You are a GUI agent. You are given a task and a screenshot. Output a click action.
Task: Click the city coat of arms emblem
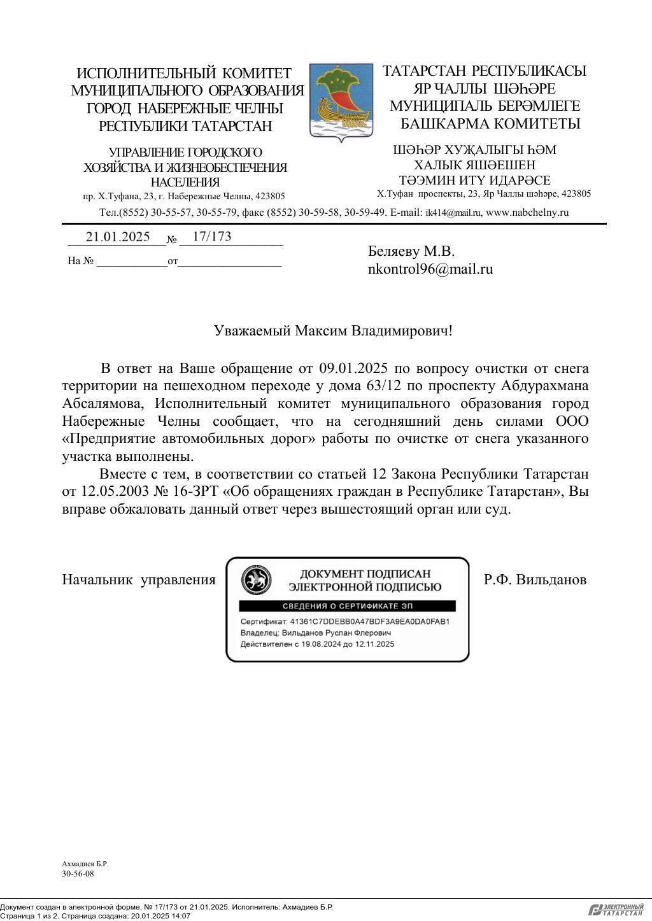341,100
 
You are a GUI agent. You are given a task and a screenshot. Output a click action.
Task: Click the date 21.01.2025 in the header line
118,237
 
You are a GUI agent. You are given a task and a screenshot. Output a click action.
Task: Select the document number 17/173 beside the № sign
211,236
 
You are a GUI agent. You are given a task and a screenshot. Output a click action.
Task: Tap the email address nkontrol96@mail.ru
430,269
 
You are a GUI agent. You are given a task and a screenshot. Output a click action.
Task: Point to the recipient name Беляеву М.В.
411,251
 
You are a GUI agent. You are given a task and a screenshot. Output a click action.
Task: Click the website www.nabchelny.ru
527,213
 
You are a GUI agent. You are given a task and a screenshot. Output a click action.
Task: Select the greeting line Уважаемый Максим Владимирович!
333,331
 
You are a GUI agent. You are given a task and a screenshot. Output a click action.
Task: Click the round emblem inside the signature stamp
256,580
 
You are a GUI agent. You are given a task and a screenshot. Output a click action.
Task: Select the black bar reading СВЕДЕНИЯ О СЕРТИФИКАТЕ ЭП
348,606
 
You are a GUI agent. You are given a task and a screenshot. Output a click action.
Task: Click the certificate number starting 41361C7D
369,621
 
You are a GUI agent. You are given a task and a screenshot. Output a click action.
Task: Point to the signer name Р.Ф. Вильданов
535,579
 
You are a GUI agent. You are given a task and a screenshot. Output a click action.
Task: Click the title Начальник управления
139,579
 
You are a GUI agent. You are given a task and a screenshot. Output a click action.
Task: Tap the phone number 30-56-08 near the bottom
78,873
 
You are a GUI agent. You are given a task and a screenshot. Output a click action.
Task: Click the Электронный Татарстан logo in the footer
616,910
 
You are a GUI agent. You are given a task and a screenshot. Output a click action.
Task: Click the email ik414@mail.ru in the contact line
453,213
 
